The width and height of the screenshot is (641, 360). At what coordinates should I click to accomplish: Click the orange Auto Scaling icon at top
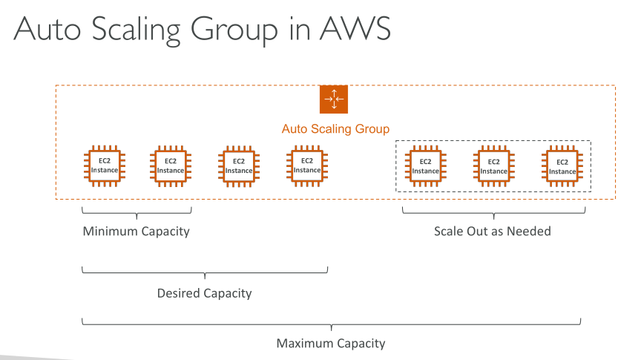(x=334, y=99)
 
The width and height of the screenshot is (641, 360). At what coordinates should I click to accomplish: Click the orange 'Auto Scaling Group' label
(x=335, y=129)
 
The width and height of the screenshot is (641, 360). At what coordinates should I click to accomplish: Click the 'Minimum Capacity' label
(x=136, y=231)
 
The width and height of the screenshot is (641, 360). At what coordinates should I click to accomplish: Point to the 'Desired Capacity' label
(x=204, y=293)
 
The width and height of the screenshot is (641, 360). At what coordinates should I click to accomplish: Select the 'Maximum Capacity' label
(x=331, y=344)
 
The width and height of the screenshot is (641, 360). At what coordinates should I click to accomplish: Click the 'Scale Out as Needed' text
(x=493, y=231)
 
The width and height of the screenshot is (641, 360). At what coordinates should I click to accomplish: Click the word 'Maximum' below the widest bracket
(x=303, y=344)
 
